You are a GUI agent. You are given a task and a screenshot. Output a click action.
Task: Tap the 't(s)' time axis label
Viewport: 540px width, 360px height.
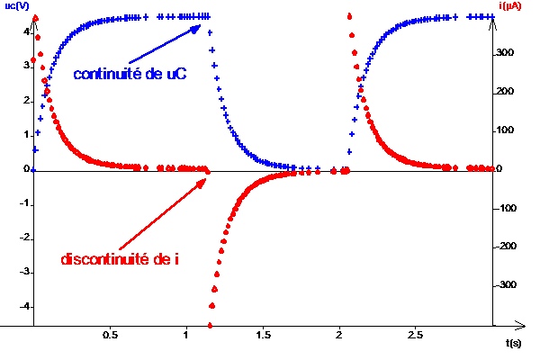[514, 343]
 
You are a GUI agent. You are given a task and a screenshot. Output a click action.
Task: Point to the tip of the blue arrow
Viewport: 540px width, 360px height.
[201, 26]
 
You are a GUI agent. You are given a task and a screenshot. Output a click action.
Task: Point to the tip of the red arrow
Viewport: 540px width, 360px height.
[203, 178]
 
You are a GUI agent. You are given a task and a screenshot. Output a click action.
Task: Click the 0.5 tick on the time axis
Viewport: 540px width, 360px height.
[110, 335]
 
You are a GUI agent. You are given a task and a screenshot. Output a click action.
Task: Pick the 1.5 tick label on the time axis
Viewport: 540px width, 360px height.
[263, 335]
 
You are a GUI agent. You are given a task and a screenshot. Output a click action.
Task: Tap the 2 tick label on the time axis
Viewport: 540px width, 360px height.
[338, 335]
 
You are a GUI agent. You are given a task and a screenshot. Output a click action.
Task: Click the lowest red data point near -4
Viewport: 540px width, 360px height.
[211, 325]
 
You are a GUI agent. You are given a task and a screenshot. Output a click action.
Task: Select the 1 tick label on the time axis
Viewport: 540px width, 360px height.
[186, 335]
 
